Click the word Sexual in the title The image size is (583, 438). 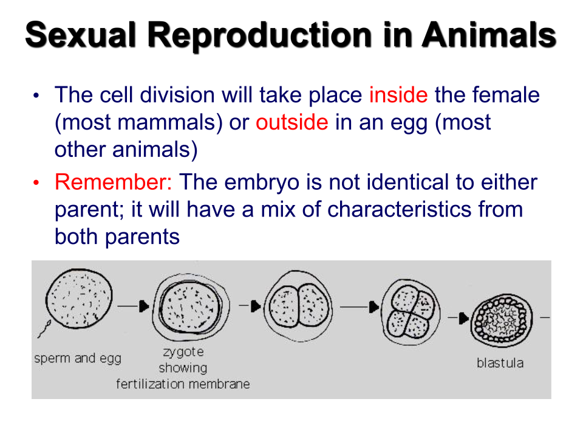pyautogui.click(x=80, y=35)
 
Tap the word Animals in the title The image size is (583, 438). pyautogui.click(x=489, y=35)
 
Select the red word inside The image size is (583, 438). pyautogui.click(x=398, y=95)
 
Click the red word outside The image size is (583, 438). pyautogui.click(x=292, y=122)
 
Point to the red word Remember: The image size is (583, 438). pyautogui.click(x=114, y=182)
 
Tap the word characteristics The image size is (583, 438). pyautogui.click(x=399, y=209)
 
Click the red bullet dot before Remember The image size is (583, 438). pyautogui.click(x=36, y=182)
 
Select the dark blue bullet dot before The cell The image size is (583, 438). pyautogui.click(x=36, y=96)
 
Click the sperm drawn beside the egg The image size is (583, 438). pyautogui.click(x=44, y=328)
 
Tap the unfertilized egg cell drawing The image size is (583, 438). pyautogui.click(x=79, y=299)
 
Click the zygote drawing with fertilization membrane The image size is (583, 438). pyautogui.click(x=191, y=307)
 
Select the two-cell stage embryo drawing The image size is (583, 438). pyautogui.click(x=298, y=306)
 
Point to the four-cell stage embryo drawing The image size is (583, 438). pyautogui.click(x=411, y=312)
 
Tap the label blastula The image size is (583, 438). pyautogui.click(x=500, y=363)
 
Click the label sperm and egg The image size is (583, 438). pyautogui.click(x=78, y=359)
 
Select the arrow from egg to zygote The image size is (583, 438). pyautogui.click(x=134, y=306)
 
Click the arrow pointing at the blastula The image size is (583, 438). pyautogui.click(x=459, y=318)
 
